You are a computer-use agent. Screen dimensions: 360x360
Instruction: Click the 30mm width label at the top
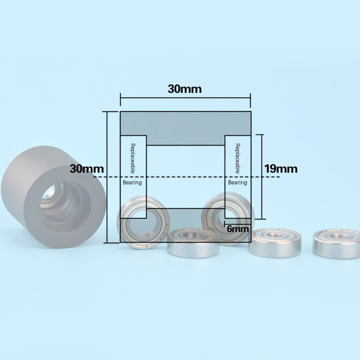click(x=184, y=89)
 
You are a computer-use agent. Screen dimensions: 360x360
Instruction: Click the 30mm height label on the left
click(x=87, y=169)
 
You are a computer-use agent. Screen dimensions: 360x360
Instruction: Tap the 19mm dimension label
click(x=281, y=169)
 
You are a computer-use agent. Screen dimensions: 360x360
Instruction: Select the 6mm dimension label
click(x=238, y=229)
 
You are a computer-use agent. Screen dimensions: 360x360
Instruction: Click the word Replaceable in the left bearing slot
click(x=133, y=158)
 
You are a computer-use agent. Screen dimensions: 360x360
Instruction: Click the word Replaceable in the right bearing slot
click(x=238, y=158)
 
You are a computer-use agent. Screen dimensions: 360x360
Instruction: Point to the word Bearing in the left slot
click(x=132, y=183)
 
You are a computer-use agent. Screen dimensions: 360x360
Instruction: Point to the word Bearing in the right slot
click(x=238, y=183)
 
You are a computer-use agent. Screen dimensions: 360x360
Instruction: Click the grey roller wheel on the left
click(x=53, y=197)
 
